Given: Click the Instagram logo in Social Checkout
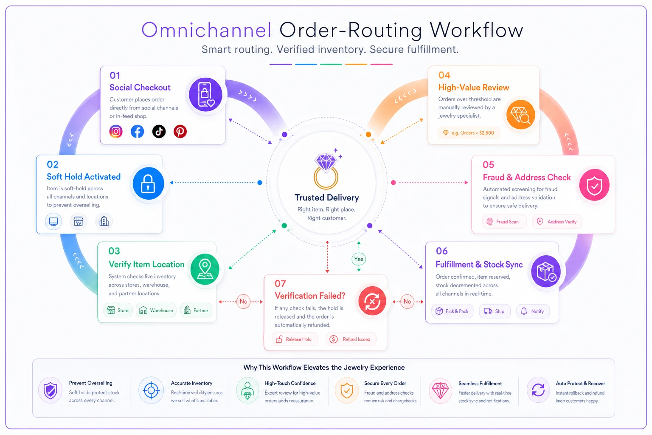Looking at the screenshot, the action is (x=116, y=131).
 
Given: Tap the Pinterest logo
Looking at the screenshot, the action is (x=180, y=131).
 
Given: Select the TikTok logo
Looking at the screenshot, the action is (x=159, y=131).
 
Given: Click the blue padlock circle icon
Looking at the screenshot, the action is (x=148, y=184).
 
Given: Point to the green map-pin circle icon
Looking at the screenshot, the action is (x=205, y=269).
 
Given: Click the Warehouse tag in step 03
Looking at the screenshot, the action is (x=156, y=310).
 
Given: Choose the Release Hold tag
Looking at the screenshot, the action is (x=295, y=339).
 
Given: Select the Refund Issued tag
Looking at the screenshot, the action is (x=351, y=339).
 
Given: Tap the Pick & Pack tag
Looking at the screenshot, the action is (x=452, y=311).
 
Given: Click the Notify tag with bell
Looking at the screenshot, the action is (x=533, y=311).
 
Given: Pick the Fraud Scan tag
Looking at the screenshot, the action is (x=504, y=222).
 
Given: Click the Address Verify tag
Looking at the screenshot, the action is (x=557, y=222).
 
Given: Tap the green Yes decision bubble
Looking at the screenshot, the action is (x=359, y=259).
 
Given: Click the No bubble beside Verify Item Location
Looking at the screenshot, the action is (x=243, y=302).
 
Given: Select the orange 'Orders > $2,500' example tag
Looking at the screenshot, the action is (x=469, y=133).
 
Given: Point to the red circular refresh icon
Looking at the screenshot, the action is (x=372, y=301).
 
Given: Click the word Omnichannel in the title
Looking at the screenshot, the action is (x=206, y=30).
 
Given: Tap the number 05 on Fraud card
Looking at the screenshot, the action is (x=489, y=165).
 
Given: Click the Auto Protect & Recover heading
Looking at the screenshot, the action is (x=580, y=384).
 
